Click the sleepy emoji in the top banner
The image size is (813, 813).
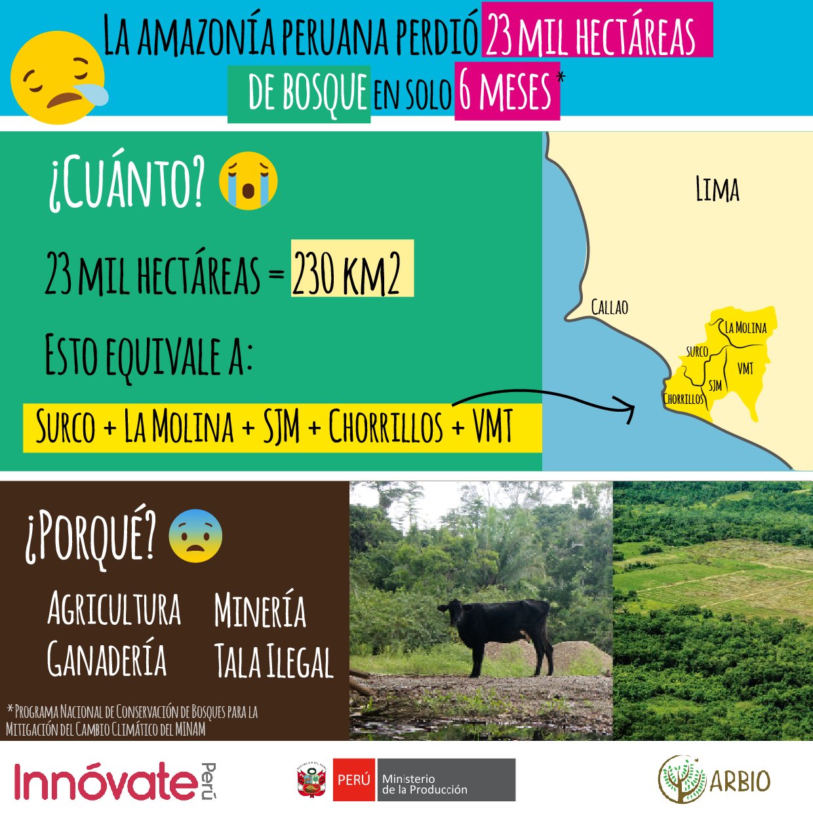(x=58, y=77)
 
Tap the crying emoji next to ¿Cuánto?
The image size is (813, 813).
(x=248, y=180)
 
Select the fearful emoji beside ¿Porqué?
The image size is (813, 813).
(x=195, y=536)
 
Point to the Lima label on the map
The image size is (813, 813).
(x=717, y=189)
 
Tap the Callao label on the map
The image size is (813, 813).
(x=609, y=307)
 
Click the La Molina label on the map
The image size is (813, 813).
(x=745, y=327)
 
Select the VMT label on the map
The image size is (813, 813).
(x=745, y=368)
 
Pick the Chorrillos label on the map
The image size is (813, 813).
(x=683, y=399)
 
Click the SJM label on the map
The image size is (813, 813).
(x=715, y=386)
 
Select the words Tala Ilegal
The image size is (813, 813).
(x=273, y=661)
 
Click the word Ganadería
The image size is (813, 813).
(x=107, y=658)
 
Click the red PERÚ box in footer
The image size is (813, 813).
(x=353, y=780)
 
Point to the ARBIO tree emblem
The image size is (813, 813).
(x=682, y=779)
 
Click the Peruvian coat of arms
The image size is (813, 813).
(x=312, y=780)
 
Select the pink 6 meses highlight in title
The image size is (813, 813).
(x=507, y=91)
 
